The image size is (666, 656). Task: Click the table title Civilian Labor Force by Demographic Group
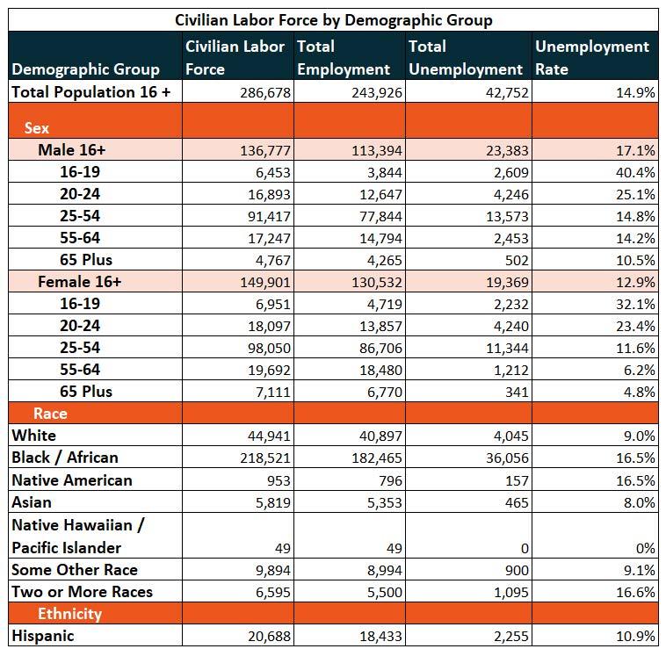tap(333, 20)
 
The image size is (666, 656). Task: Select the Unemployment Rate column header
tap(592, 58)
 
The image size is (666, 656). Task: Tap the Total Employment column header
tap(344, 58)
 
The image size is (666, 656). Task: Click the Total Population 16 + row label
tap(90, 91)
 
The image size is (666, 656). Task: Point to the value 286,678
tap(265, 92)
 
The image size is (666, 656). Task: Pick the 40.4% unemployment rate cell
tap(635, 172)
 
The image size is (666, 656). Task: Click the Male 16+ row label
tap(71, 150)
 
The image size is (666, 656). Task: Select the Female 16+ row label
tap(79, 282)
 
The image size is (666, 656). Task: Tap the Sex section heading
tap(37, 128)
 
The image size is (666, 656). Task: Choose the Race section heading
tap(50, 413)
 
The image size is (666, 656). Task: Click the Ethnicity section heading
tap(69, 614)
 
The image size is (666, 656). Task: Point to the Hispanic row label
tap(43, 636)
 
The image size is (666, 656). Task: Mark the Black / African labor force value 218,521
tap(265, 458)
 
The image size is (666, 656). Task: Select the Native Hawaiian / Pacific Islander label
tap(78, 537)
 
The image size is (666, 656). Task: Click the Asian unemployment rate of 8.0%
tap(640, 502)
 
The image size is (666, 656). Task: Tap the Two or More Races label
tap(82, 592)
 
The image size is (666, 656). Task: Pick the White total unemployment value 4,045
tap(511, 436)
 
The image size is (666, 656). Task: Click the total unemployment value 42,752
tap(507, 92)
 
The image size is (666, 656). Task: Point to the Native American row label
tap(72, 480)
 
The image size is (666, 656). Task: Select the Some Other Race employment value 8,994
tap(384, 570)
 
